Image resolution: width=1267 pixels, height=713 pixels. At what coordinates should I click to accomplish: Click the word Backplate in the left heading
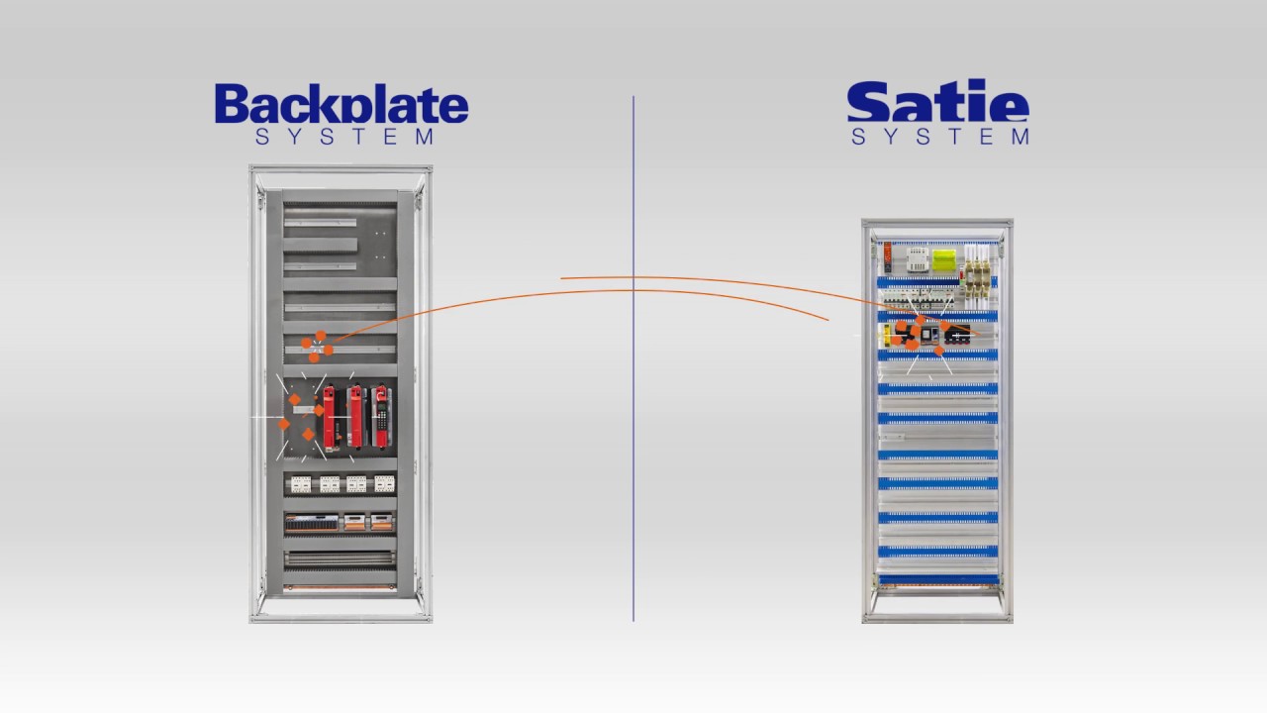[341, 104]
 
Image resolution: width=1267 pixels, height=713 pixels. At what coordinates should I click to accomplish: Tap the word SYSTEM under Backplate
[345, 137]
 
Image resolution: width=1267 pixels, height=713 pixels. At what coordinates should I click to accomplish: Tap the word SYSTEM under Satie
[940, 137]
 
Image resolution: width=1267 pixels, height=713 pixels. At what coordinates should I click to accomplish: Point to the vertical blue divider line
[633, 358]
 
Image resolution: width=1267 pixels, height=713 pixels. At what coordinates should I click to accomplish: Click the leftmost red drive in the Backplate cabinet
[330, 419]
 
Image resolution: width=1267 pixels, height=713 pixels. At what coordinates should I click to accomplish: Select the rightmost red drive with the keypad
[381, 417]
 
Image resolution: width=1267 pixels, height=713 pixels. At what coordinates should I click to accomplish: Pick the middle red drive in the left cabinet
[355, 417]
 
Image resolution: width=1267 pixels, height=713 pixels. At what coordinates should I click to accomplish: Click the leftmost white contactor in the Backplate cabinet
[300, 484]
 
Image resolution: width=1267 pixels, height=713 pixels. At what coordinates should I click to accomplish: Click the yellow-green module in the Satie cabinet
[944, 260]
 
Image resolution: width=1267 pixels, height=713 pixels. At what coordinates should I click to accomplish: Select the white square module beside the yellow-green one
[918, 259]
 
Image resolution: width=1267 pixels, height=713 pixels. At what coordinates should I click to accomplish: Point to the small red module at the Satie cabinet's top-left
[888, 257]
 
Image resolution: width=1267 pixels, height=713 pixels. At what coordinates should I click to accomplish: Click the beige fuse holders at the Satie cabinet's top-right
[977, 277]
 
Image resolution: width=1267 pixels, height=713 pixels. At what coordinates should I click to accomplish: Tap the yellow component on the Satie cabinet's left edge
[886, 335]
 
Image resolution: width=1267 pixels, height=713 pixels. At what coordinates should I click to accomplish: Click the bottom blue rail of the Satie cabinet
[937, 579]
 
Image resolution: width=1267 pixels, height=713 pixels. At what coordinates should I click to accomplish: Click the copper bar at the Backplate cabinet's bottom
[340, 588]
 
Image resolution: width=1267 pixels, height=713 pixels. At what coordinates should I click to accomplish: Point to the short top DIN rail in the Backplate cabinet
[320, 223]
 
